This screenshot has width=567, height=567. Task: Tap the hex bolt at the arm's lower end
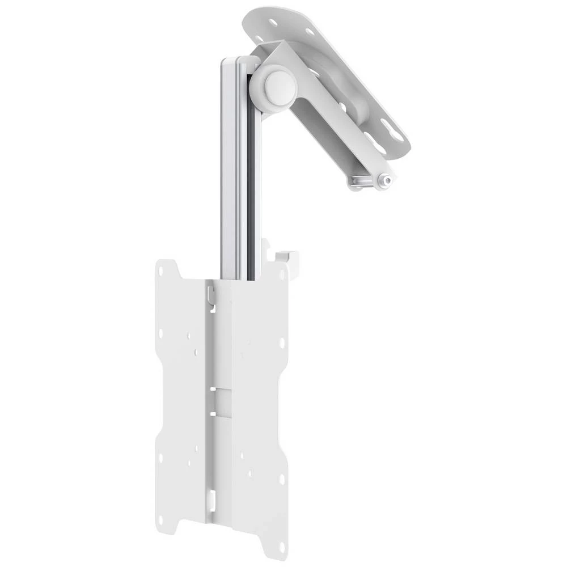[x=386, y=180]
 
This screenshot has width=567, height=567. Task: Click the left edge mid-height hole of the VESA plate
[x=161, y=335]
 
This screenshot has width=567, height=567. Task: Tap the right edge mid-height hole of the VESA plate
[x=282, y=344]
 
